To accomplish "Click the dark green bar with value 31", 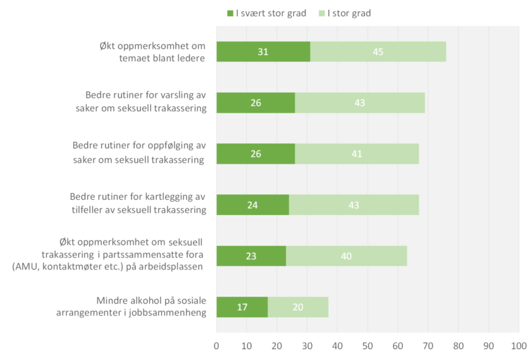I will [263, 52].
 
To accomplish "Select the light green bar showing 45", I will [378, 52].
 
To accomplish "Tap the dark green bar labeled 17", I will [242, 307].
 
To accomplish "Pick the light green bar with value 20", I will [298, 307].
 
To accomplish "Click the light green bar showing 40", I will [346, 256].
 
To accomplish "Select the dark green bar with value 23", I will [251, 256].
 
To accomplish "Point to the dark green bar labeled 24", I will [253, 205].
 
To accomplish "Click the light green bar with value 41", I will [356, 153].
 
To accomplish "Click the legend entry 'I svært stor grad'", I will [266, 13].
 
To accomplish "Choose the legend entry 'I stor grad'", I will [344, 13].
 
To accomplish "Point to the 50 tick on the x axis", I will [367, 345].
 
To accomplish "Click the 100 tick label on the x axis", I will [519, 345].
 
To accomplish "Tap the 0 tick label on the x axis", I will [216, 345].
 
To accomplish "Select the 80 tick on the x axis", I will [458, 345].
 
